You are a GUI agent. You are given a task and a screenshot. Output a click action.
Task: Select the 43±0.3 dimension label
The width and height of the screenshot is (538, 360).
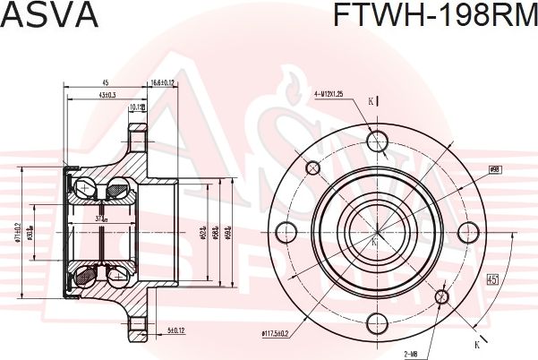tap(107, 96)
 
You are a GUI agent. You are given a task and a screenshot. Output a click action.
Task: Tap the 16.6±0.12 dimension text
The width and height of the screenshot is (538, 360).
tap(164, 81)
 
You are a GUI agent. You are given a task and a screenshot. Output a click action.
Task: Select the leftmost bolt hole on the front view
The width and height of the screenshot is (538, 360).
tap(287, 232)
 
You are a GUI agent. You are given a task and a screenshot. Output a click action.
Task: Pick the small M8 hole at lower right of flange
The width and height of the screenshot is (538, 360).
tap(443, 296)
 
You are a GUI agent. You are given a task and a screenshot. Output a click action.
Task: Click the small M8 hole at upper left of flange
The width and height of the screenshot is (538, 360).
tap(313, 167)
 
